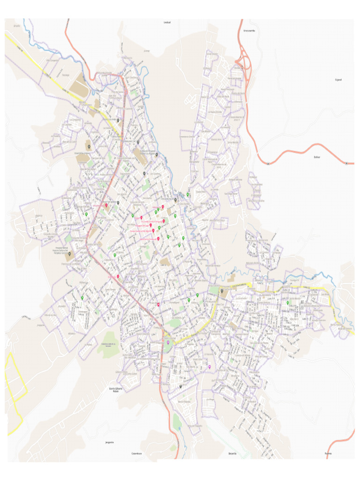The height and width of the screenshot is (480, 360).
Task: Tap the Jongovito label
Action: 110,442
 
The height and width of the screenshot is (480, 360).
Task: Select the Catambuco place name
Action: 136,453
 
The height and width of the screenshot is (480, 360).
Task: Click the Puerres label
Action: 328,453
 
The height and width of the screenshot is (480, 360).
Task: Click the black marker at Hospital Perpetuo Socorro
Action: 69,254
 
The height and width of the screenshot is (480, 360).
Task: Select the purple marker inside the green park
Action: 168,343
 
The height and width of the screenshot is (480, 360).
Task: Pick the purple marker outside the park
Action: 210,367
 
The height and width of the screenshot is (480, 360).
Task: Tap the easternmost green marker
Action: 288,303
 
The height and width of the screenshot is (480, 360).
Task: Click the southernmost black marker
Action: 181,386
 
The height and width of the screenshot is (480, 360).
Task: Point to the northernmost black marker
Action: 118,120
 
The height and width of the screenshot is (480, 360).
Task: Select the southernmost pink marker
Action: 158,305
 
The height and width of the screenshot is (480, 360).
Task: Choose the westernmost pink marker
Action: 106,205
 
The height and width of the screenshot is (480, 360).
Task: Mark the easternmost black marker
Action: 222,291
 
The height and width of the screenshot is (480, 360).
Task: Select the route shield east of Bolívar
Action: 346,163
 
